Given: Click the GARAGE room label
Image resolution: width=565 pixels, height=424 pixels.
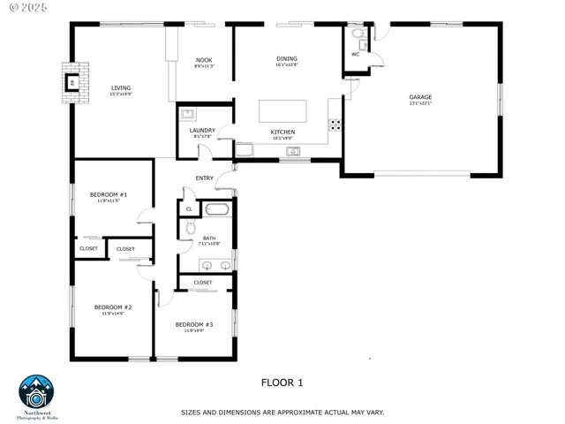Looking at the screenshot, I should tap(419, 97).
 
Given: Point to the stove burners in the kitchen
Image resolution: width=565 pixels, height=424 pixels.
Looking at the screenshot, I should tap(335, 124).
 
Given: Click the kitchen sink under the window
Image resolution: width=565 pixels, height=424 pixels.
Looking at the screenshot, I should tap(293, 151).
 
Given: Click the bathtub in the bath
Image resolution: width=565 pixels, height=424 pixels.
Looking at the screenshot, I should tap(216, 209).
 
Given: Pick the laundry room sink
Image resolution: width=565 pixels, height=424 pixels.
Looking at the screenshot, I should tap(188, 113).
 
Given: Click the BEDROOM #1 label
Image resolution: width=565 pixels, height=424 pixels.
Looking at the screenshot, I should tap(109, 194).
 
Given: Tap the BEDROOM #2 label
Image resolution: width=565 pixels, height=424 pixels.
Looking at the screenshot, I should tap(112, 307).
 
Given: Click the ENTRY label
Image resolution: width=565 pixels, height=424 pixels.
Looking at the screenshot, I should tap(205, 178).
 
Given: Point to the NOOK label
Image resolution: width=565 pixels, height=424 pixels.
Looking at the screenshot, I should tap(204, 60).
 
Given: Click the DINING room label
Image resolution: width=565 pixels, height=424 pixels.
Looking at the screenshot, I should tap(286, 59).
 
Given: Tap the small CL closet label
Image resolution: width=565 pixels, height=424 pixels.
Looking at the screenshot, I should tap(189, 209).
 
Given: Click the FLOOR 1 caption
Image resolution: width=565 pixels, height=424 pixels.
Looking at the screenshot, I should tap(282, 382).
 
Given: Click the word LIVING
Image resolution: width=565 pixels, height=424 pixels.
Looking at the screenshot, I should tap(120, 87).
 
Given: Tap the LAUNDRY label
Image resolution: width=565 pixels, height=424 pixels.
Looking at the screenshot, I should tap(202, 130).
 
